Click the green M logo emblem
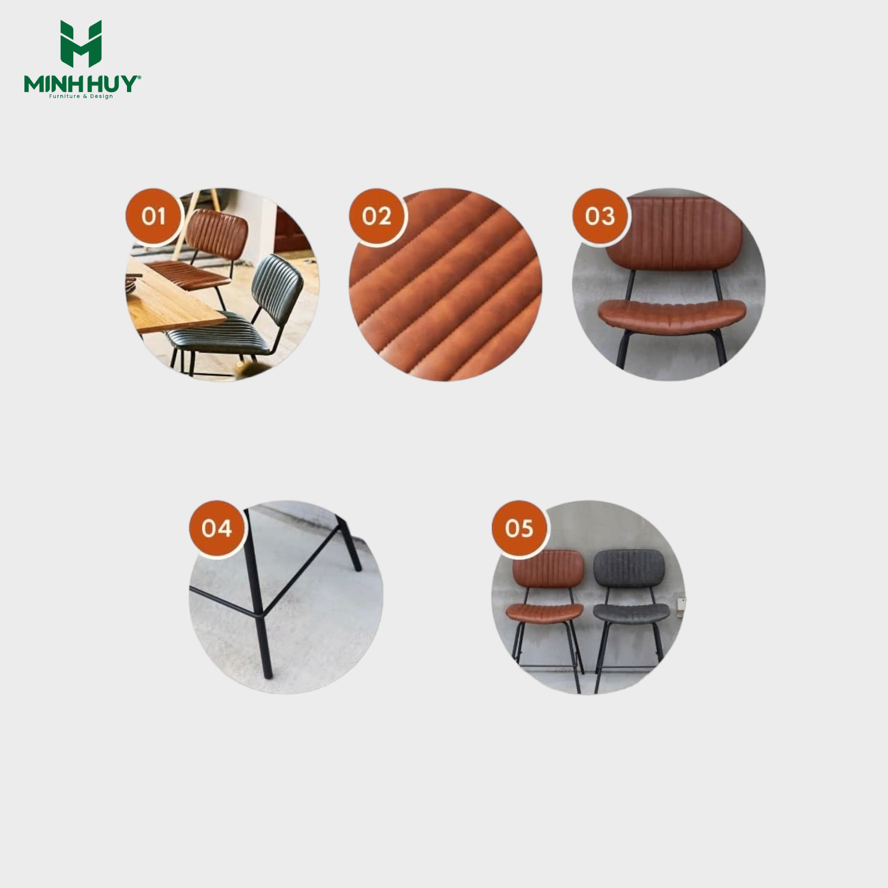pos(81,44)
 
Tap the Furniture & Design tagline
pos(81,96)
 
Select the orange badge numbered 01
pos(154,217)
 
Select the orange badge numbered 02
pos(377,217)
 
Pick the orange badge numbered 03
pos(600,217)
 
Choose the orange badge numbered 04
pos(217,528)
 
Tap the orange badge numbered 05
pos(519,528)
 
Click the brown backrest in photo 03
pos(674,234)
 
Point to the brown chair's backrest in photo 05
pos(548,570)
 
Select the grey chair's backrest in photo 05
pos(629,569)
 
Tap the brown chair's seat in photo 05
pos(545,613)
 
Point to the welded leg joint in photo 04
pos(259,614)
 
